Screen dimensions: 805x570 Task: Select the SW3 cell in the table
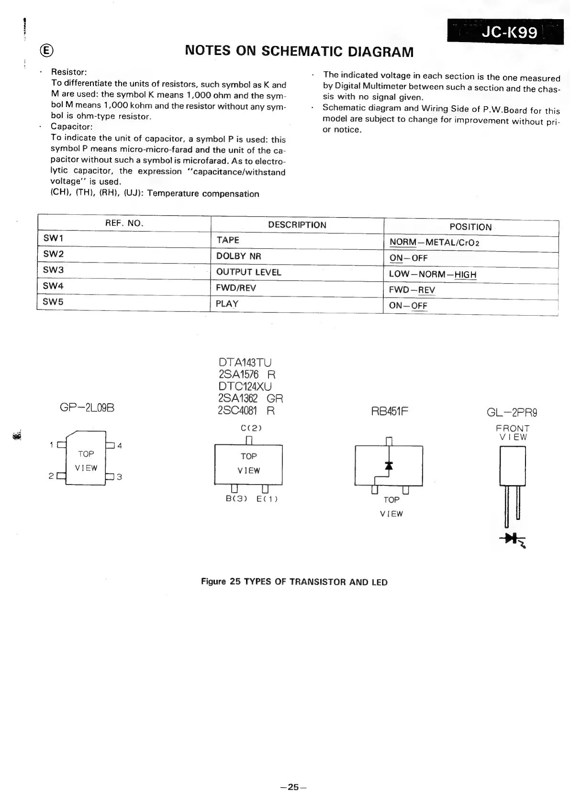pyautogui.click(x=123, y=270)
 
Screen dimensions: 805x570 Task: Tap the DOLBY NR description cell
pyautogui.click(x=297, y=256)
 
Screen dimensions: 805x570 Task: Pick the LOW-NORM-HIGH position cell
pyautogui.click(x=470, y=274)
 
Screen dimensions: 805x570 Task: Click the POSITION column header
pyautogui.click(x=470, y=227)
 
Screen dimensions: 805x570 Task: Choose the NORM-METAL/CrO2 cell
pyautogui.click(x=470, y=242)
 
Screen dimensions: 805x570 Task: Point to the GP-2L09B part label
pyautogui.click(x=87, y=408)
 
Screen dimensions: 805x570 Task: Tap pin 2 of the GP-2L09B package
pyautogui.click(x=60, y=476)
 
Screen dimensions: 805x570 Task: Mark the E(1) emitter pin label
pyautogui.click(x=267, y=499)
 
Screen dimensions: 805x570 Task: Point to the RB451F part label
pyautogui.click(x=390, y=411)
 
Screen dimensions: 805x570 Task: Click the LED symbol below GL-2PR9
pyautogui.click(x=512, y=540)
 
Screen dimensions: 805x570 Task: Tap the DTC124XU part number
pyautogui.click(x=245, y=386)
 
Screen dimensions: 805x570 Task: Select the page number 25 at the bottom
pyautogui.click(x=293, y=786)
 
